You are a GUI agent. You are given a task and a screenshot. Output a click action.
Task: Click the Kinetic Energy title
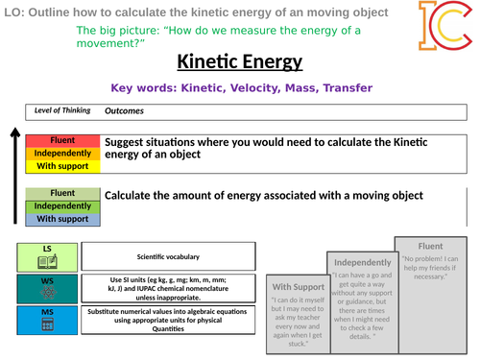tap(239, 63)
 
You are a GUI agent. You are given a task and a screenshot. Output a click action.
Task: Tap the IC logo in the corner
tap(445, 26)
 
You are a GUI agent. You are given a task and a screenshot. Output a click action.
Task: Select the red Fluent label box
tap(62, 139)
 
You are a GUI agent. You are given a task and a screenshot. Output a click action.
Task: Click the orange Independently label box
tap(62, 153)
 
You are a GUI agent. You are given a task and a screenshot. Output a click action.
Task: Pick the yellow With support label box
tap(62, 165)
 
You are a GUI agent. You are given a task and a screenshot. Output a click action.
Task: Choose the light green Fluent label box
tap(62, 193)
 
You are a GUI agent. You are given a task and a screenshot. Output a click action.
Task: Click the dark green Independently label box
tap(62, 205)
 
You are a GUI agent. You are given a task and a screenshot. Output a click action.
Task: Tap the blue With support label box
tap(62, 218)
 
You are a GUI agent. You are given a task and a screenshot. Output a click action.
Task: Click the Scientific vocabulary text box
tap(168, 256)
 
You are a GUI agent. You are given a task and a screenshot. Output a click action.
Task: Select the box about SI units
tap(168, 287)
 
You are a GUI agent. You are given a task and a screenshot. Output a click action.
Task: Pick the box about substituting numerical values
tap(168, 321)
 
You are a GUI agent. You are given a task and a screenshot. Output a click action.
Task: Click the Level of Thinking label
tap(62, 109)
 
